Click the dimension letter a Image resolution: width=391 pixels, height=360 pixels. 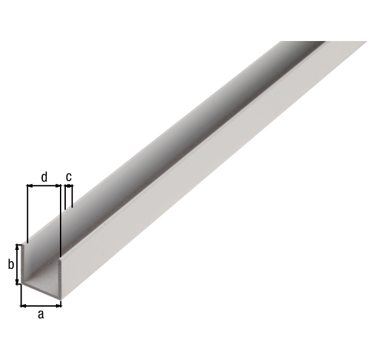(x=40, y=314)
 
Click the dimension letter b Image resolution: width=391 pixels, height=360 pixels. (x=10, y=264)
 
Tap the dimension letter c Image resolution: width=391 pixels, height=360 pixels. (x=68, y=176)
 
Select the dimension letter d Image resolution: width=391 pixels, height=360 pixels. (x=44, y=176)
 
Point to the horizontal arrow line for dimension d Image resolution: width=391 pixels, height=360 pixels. (x=43, y=186)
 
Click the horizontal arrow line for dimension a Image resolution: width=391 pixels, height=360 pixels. (x=41, y=304)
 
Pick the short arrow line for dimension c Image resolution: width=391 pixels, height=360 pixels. (x=68, y=187)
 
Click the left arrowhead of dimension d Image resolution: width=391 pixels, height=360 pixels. (x=29, y=186)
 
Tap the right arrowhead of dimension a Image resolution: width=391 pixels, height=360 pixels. (x=60, y=304)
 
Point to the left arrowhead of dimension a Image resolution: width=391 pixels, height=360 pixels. (x=23, y=304)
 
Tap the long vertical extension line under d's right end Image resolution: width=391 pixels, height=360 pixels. (x=59, y=221)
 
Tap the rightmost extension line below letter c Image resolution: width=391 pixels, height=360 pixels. (x=72, y=197)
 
